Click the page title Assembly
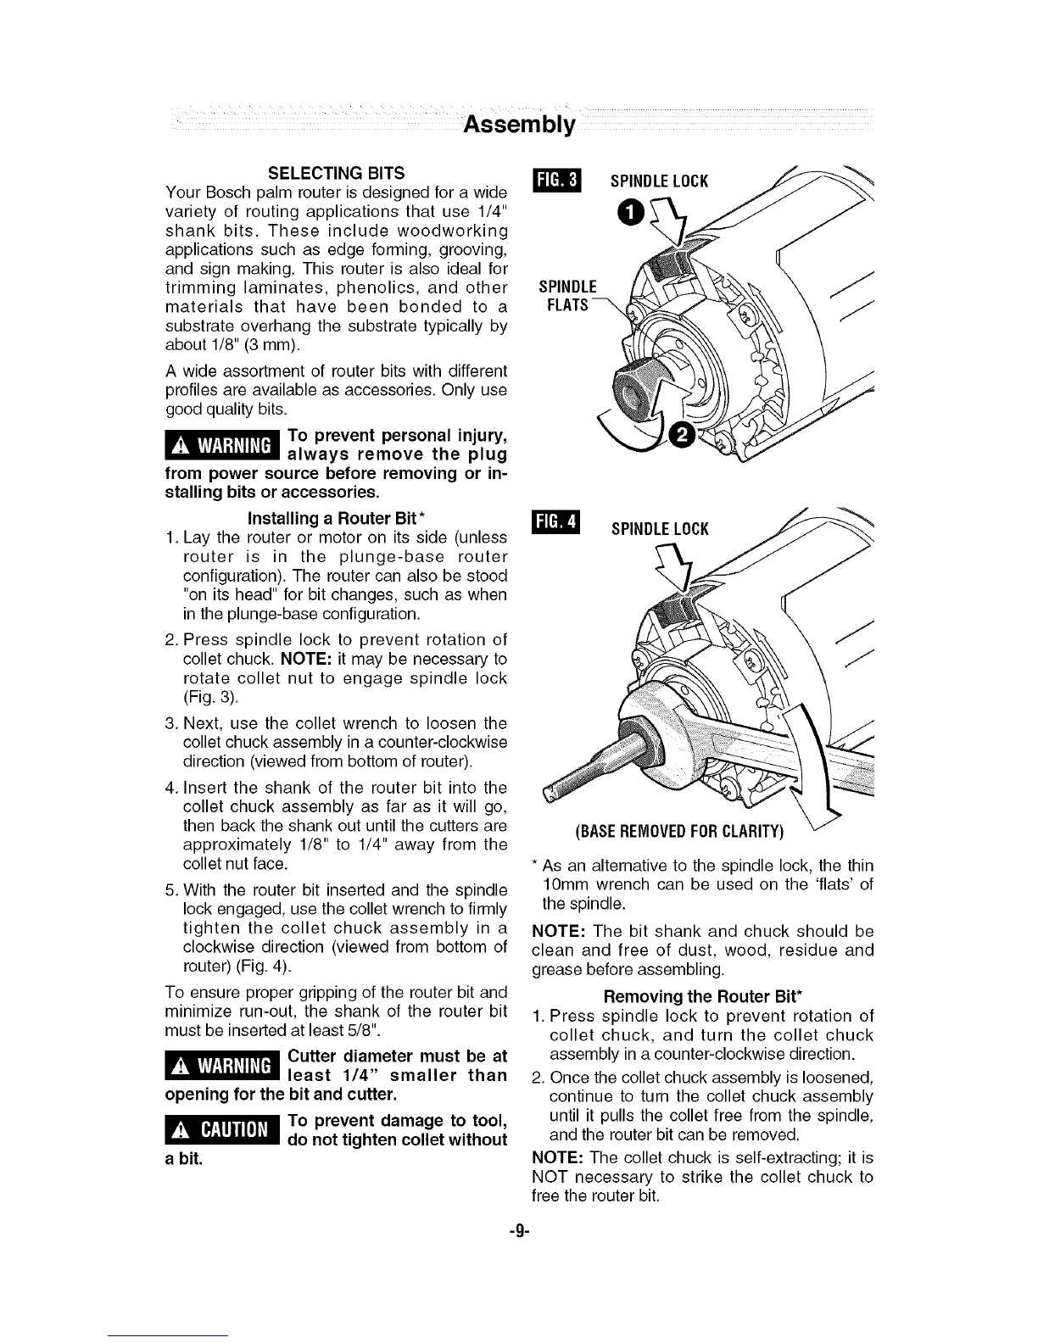coord(519,126)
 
